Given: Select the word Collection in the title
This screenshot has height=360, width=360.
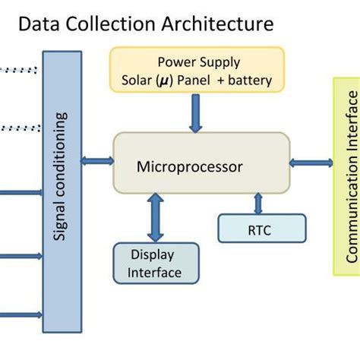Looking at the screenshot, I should click(x=109, y=24).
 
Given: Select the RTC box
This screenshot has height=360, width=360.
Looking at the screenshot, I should click(x=261, y=227).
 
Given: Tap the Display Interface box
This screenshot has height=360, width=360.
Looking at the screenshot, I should click(x=155, y=263).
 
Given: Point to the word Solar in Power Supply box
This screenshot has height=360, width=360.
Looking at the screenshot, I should click(x=137, y=80).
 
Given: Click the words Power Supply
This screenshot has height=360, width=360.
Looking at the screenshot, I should click(x=197, y=62).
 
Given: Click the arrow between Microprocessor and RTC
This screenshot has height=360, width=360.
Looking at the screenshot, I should click(x=258, y=202).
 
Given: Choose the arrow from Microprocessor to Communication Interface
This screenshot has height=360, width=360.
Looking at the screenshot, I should click(x=311, y=162).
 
